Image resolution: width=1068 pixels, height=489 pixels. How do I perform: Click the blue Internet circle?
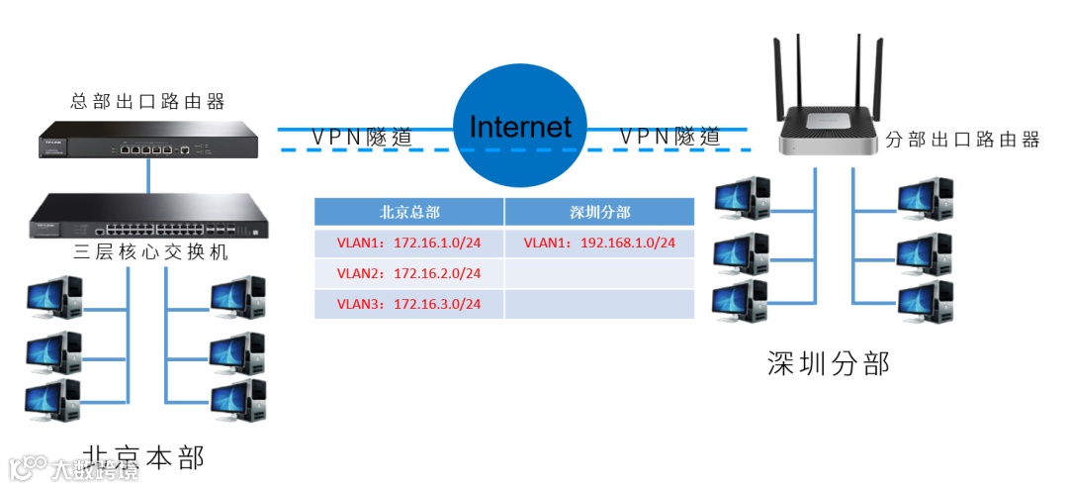coord(519,127)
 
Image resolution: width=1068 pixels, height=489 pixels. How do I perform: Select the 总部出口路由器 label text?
coord(148,101)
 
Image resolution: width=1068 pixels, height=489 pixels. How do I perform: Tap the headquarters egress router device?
coord(148,141)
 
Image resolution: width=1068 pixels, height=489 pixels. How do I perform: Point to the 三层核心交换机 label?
coord(150,252)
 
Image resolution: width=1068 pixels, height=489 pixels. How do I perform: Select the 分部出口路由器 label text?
coord(961,140)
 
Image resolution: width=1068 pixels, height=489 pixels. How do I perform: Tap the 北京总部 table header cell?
coord(409,213)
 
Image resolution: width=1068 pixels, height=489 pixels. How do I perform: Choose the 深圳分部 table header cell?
coord(599,213)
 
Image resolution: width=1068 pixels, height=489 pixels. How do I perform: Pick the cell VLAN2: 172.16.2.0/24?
coord(409,273)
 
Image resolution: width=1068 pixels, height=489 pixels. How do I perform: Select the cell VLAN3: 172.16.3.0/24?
coord(409,303)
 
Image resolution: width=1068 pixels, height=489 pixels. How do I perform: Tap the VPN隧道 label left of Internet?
coord(362,137)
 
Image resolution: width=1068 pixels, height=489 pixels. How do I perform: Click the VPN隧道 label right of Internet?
coord(669,137)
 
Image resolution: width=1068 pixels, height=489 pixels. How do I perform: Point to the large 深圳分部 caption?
coord(828,363)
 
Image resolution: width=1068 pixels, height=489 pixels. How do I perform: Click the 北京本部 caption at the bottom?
coord(144,457)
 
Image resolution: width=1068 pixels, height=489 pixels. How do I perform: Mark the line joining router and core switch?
coord(148,175)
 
